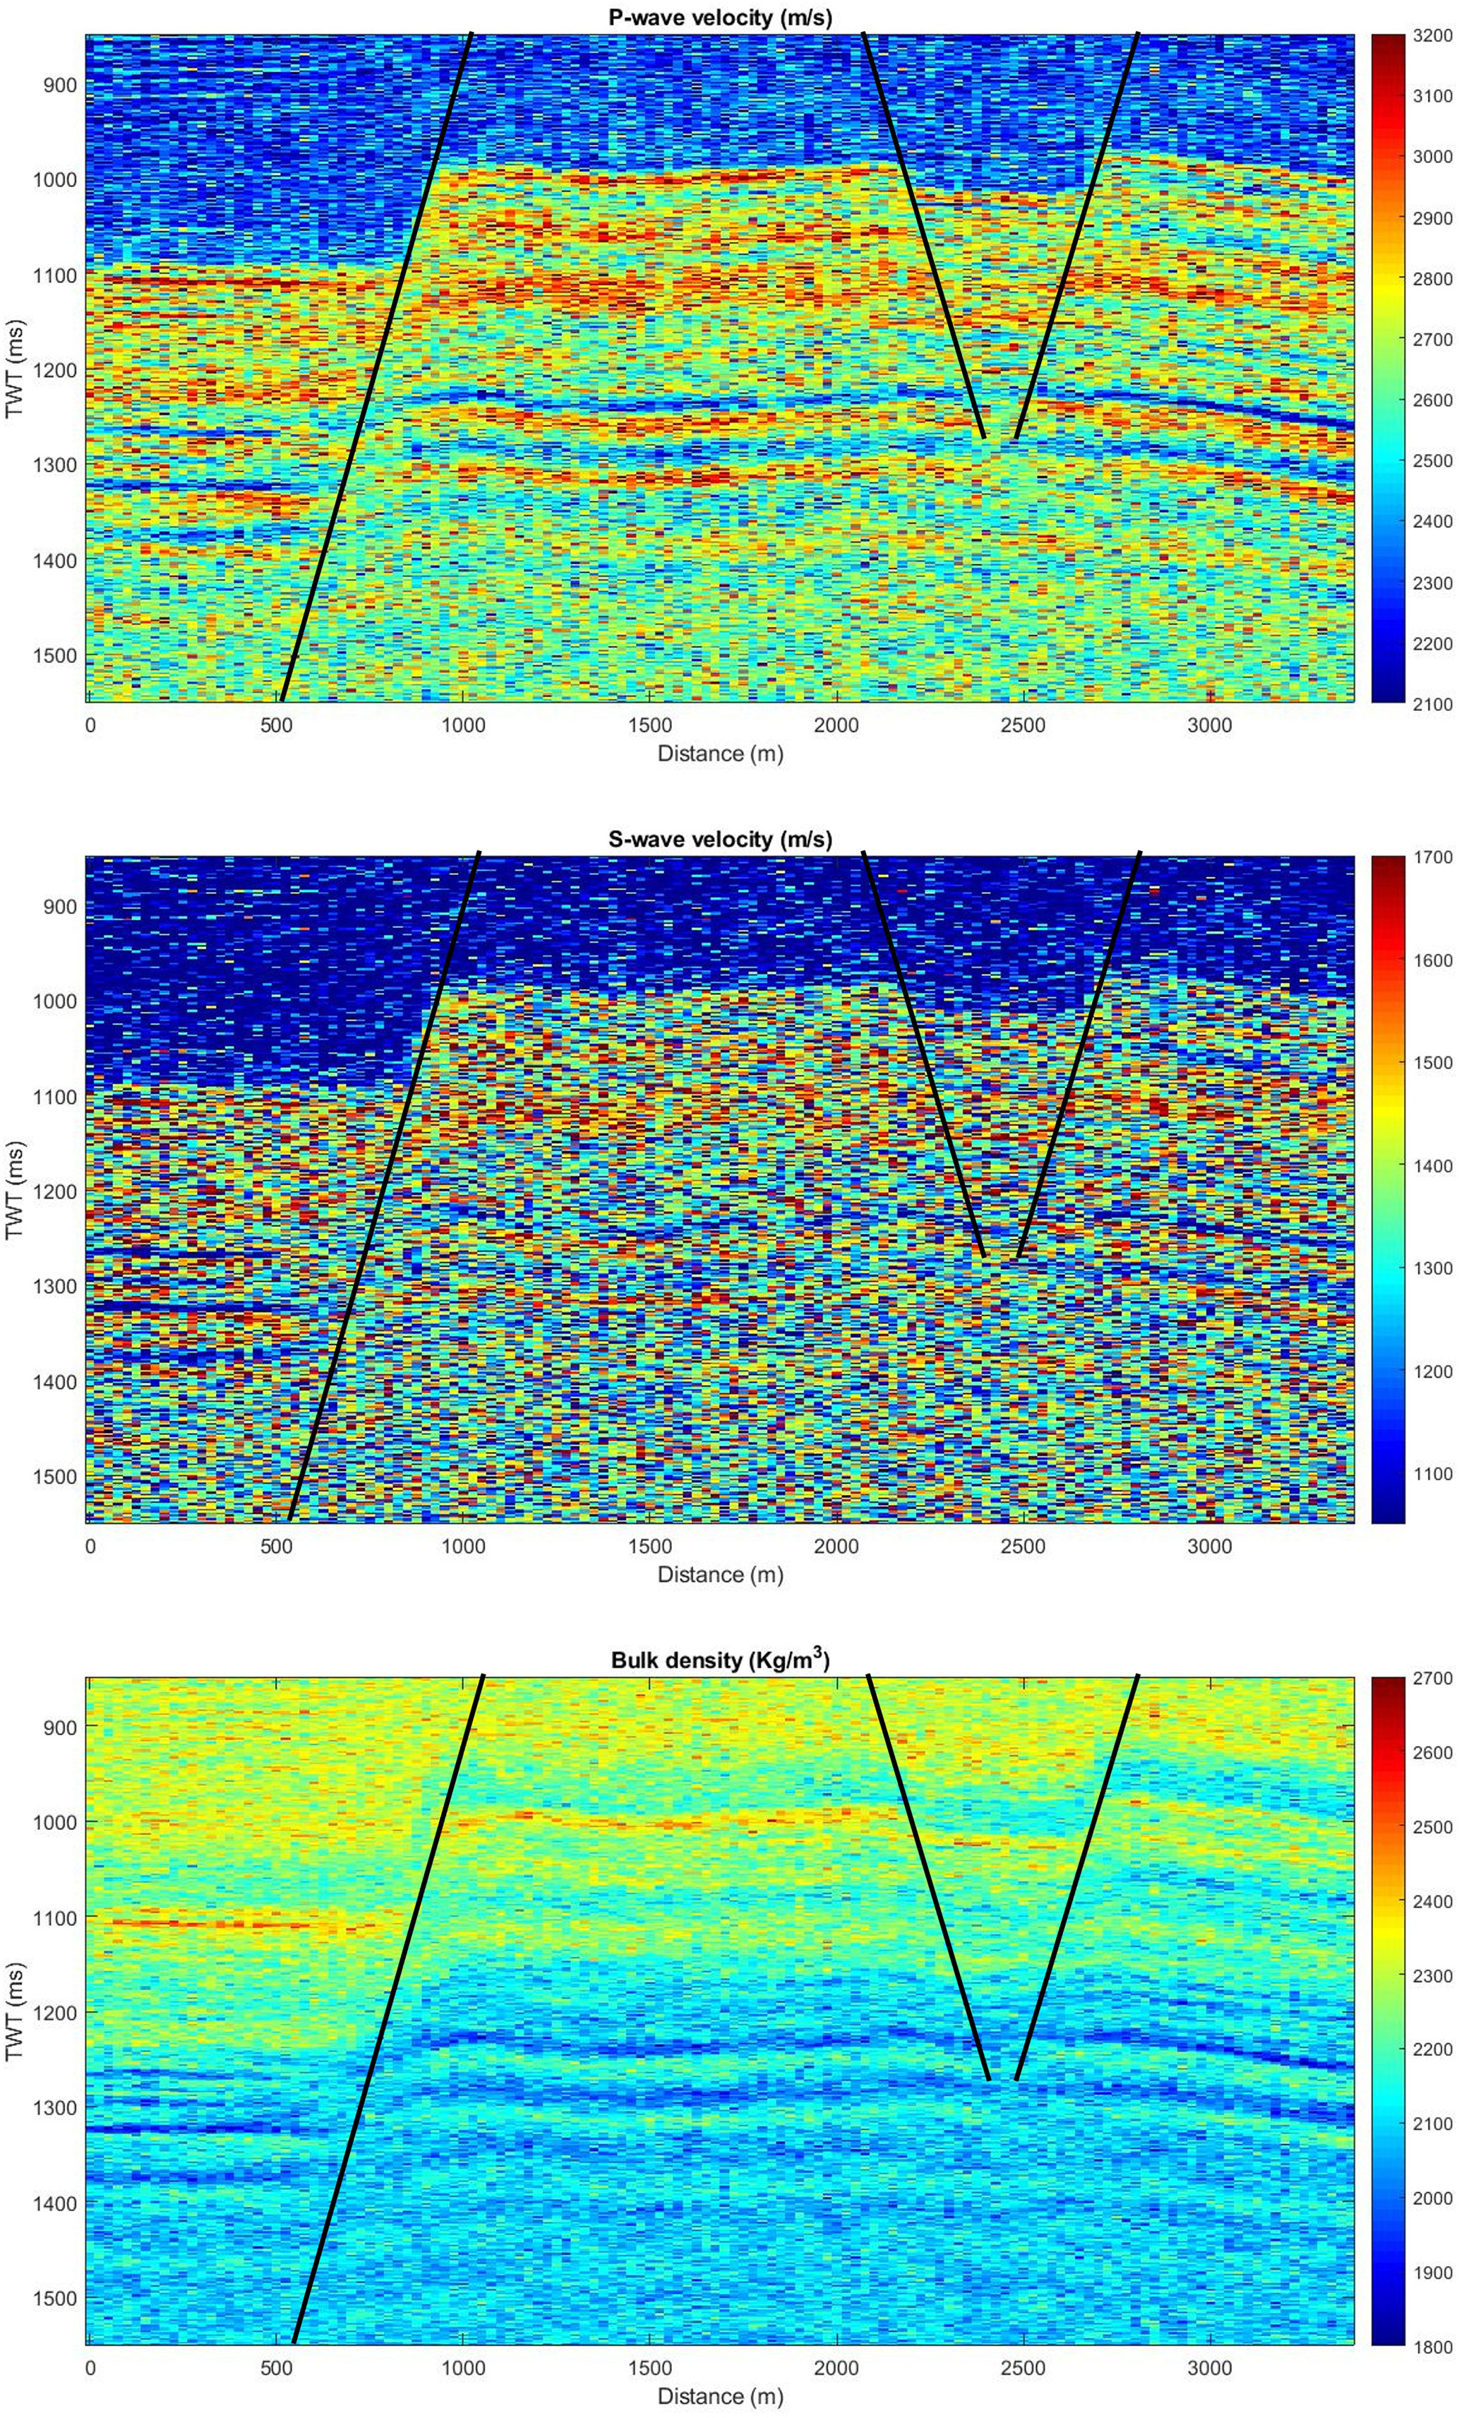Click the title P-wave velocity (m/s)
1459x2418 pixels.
pyautogui.click(x=720, y=15)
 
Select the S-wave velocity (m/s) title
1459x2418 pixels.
pyautogui.click(x=720, y=839)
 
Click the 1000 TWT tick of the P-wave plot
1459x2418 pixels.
pyautogui.click(x=57, y=179)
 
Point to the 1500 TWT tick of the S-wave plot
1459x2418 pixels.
pyautogui.click(x=57, y=1477)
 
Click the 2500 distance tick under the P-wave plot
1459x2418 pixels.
pyautogui.click(x=1023, y=725)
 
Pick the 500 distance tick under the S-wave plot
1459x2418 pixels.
pyautogui.click(x=277, y=1547)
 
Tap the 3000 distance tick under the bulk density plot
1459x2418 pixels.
pyautogui.click(x=1210, y=2367)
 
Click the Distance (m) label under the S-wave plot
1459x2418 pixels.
pyautogui.click(x=720, y=1574)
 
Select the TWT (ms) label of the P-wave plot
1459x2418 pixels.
pyautogui.click(x=15, y=369)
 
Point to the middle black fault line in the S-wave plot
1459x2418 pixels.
pyautogui.click(x=923, y=1055)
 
